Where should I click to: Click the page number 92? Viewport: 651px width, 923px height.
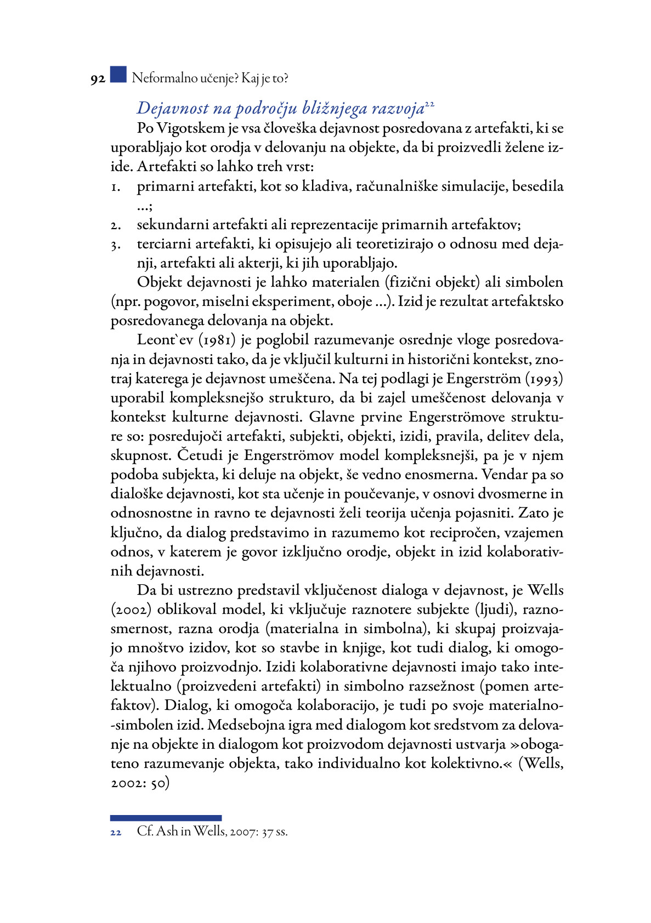[x=98, y=79]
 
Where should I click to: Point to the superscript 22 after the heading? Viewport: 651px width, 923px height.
[x=429, y=104]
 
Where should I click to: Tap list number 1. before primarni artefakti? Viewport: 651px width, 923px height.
[x=115, y=187]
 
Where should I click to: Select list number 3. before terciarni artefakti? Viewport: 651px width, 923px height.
[x=115, y=245]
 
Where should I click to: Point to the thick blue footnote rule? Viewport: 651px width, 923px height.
[x=166, y=818]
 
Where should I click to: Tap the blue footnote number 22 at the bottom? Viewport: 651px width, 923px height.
[x=116, y=833]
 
